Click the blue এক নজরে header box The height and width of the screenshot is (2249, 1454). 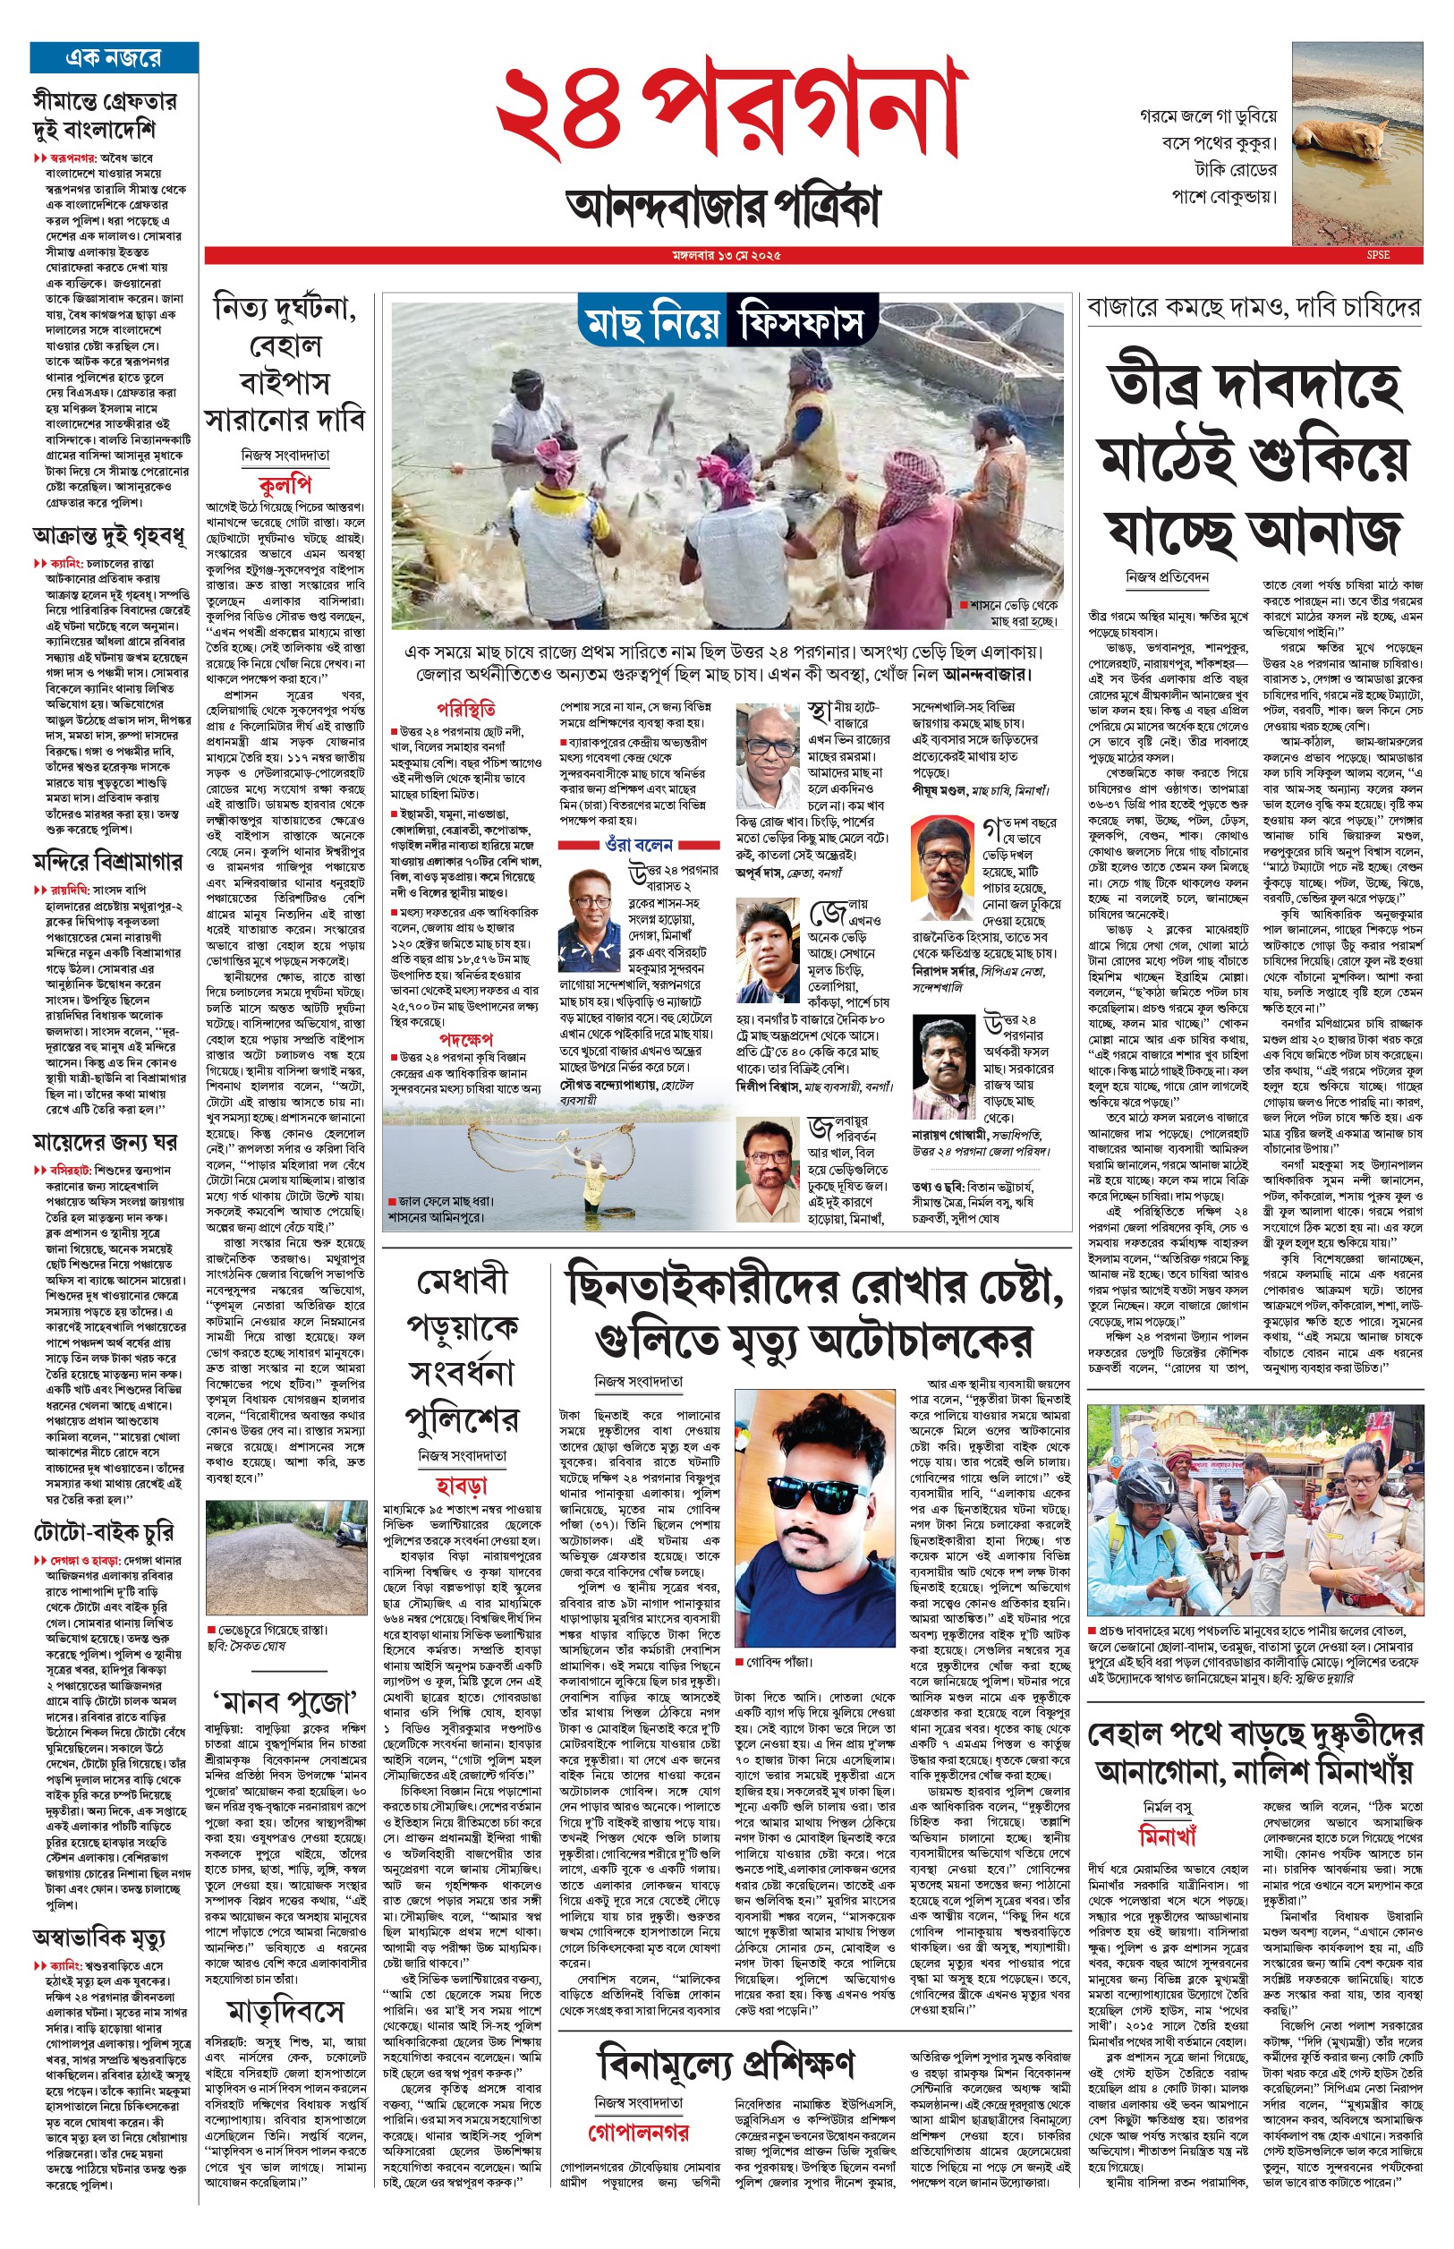tap(115, 57)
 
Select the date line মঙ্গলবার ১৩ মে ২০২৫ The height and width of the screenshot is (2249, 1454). tap(726, 256)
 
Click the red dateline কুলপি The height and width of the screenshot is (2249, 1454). tap(285, 485)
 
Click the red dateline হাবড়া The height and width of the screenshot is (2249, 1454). tap(461, 1487)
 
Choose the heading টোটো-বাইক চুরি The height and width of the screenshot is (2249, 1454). tap(104, 1531)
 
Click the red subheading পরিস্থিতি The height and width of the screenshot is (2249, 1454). tap(465, 709)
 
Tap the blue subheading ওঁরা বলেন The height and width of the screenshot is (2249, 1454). tap(638, 844)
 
